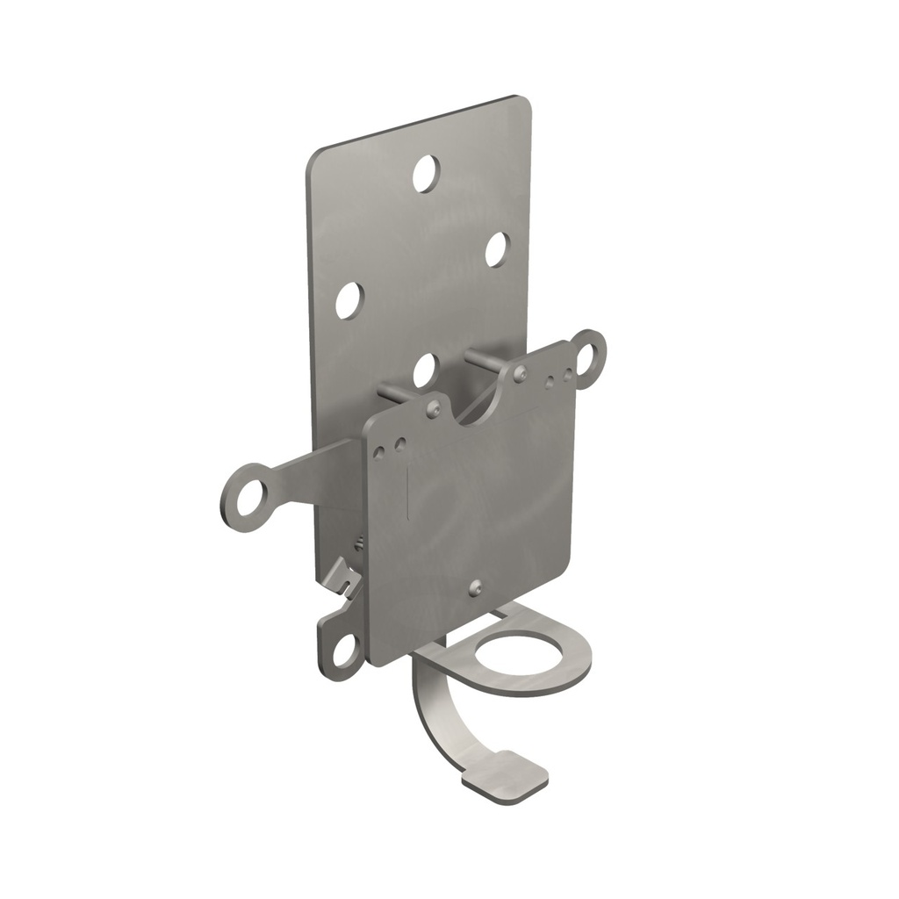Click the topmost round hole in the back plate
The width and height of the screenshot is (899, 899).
coord(426,173)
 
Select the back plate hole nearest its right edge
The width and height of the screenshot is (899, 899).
coord(496,249)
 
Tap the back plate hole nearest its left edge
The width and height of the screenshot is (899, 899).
coord(349,300)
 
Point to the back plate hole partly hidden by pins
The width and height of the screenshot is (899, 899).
coord(424,370)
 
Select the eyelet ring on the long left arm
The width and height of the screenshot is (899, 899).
coord(245,497)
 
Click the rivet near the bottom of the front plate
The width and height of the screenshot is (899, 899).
coord(475,587)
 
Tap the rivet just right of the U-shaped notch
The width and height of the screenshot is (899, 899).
coord(521,373)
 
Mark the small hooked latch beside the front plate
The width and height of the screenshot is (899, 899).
coord(345,579)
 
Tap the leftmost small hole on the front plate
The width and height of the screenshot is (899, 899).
coord(379,451)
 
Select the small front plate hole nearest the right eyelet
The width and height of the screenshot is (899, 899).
coord(567,377)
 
